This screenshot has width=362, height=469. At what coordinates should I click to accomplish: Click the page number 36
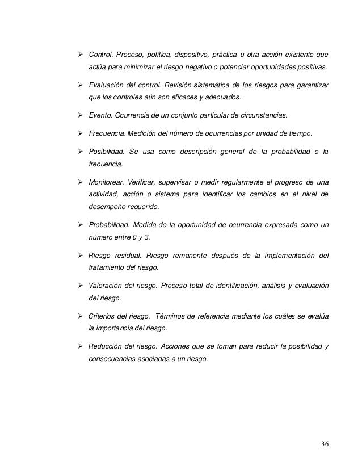(x=323, y=443)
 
